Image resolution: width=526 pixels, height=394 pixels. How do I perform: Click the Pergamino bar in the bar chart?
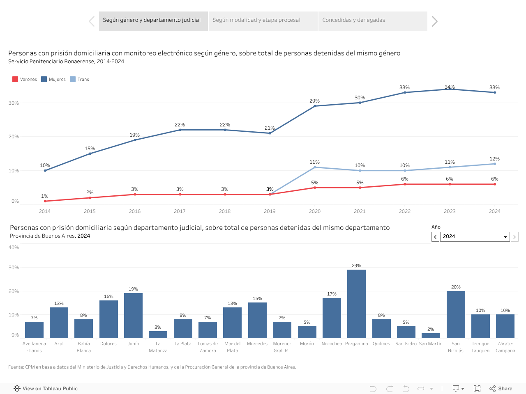[356, 304]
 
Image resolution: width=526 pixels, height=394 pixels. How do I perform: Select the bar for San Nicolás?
[456, 314]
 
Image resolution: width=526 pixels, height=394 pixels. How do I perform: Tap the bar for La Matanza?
[158, 334]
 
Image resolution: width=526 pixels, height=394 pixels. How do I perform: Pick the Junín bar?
[133, 315]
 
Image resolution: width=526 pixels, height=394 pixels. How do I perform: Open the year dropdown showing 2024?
[475, 237]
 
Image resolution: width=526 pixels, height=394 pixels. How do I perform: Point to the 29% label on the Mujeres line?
[314, 101]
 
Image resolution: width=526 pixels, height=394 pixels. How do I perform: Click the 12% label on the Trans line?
[494, 159]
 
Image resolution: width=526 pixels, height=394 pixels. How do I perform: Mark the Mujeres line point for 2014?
[45, 170]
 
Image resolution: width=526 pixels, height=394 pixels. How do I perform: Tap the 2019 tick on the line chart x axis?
[270, 211]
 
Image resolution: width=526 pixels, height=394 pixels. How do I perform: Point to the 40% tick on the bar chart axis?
[14, 247]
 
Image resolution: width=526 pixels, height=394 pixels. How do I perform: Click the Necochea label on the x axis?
[332, 344]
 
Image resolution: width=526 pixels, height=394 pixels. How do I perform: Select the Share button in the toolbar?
[501, 389]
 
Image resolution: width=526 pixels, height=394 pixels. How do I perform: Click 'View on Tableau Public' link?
[46, 389]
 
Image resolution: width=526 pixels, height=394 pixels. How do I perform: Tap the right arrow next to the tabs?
[435, 21]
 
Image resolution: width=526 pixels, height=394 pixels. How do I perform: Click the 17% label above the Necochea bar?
[332, 294]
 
